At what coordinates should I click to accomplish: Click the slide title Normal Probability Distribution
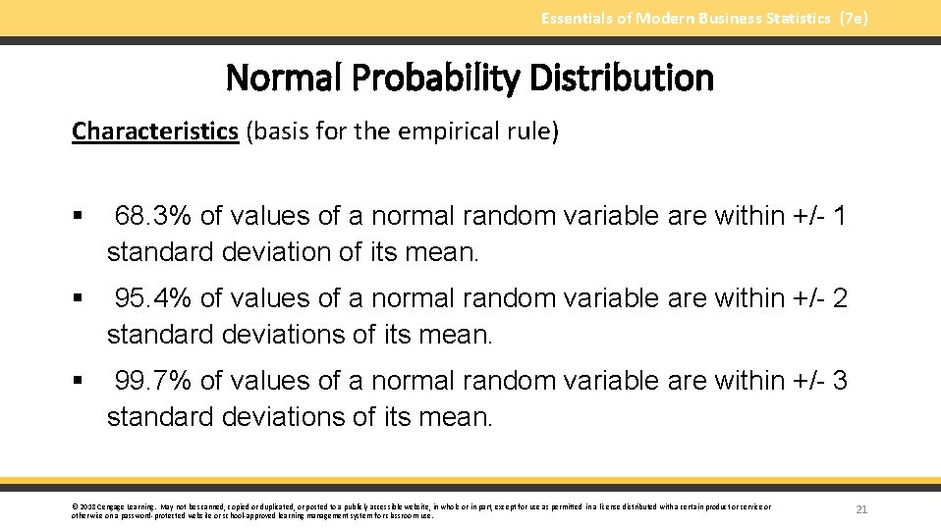coord(470,79)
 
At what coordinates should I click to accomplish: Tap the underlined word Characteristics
coord(155,132)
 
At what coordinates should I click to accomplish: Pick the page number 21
coord(861,509)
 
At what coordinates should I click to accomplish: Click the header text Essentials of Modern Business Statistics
coord(686,19)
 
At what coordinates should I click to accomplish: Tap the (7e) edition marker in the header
coord(854,19)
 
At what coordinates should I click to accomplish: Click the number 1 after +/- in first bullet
coord(838,216)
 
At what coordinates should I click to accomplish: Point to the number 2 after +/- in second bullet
coord(839,298)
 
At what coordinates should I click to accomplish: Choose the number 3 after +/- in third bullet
coord(839,381)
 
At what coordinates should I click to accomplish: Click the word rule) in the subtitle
coord(534,132)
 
